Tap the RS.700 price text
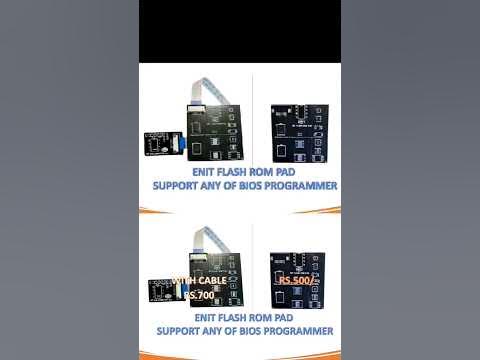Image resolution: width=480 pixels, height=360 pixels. pyautogui.click(x=200, y=295)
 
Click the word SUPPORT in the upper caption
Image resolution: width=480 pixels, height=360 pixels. pyautogui.click(x=177, y=186)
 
